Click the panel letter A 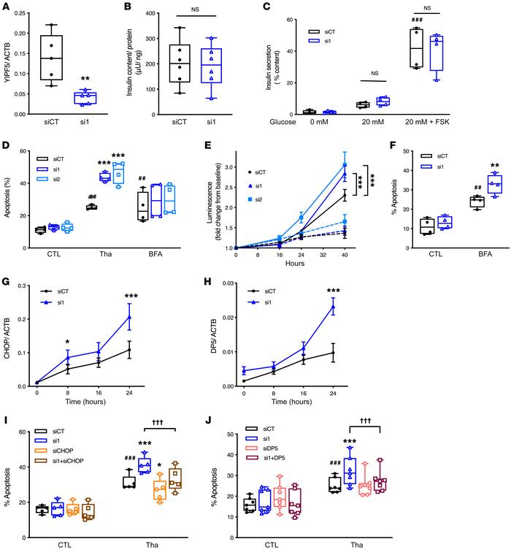tap(6, 7)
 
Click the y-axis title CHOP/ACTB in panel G tap(9, 337)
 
